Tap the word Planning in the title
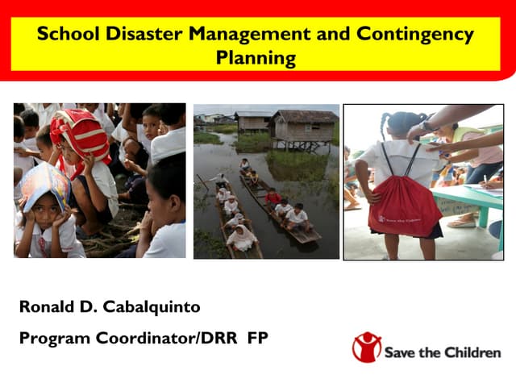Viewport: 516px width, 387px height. tap(256, 59)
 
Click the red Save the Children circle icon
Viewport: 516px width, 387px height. tap(366, 347)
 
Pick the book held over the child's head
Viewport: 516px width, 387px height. tap(42, 185)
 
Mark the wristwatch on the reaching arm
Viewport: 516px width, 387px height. tap(425, 127)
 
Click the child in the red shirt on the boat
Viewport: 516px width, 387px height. tap(273, 197)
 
